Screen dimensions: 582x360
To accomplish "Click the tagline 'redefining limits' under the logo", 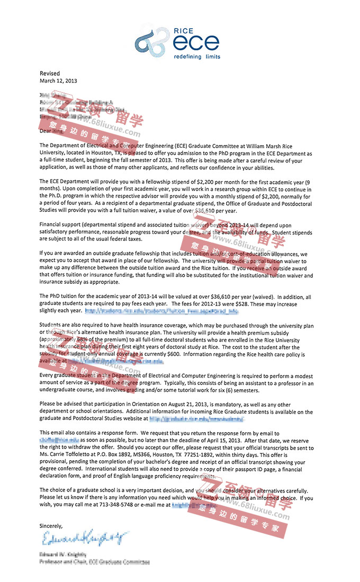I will (197, 56).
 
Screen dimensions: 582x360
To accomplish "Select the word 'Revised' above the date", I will (50, 73).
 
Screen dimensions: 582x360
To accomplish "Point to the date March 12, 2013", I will (58, 80).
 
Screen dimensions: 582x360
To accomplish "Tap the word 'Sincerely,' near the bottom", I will (51, 526).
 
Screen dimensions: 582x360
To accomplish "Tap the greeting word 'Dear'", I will (46, 130).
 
